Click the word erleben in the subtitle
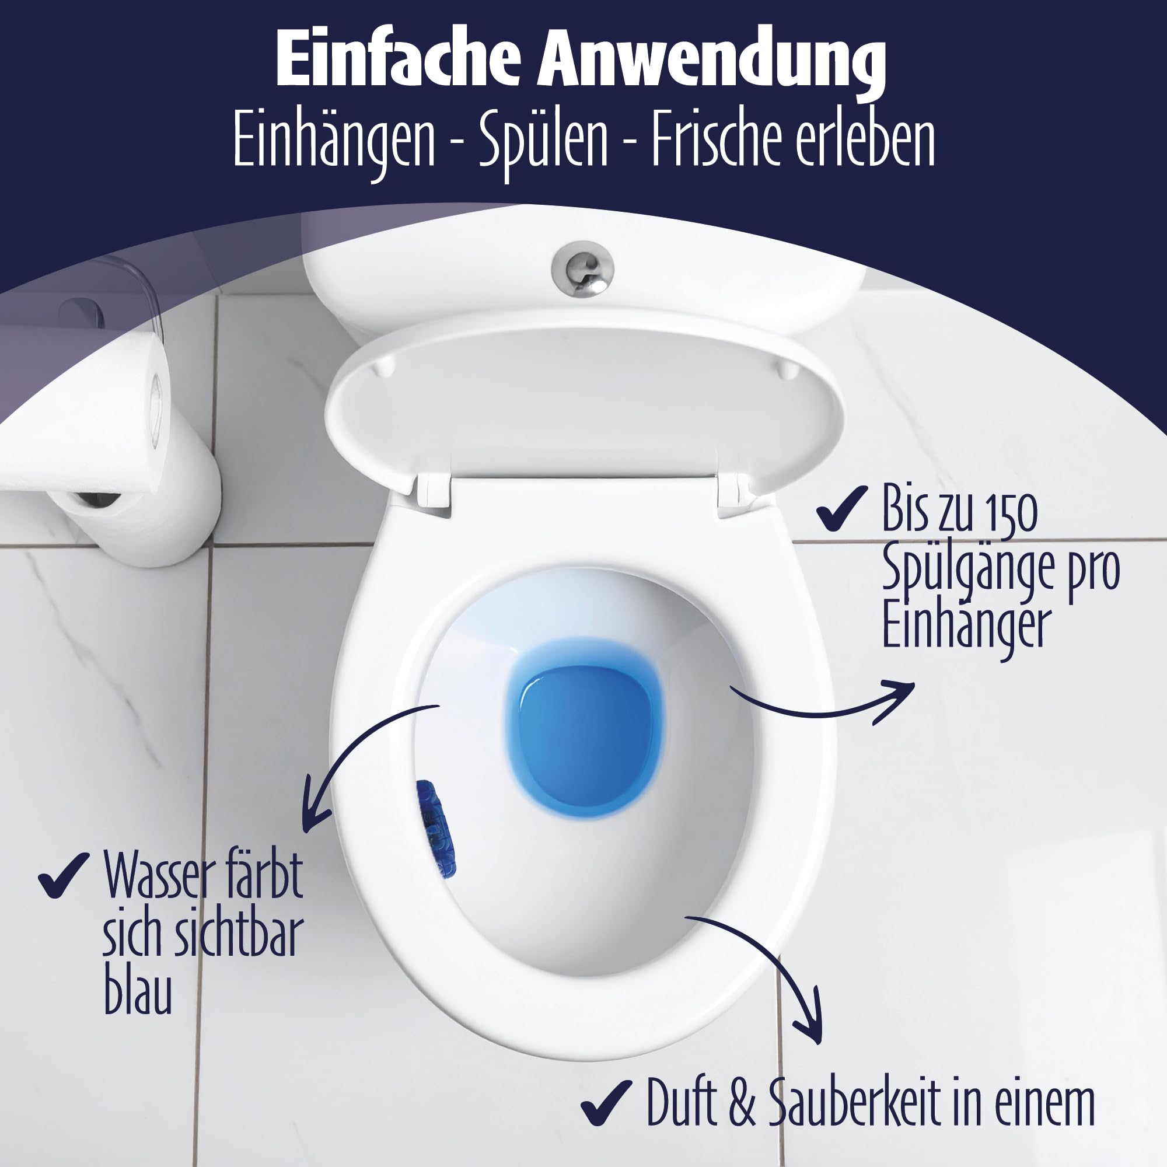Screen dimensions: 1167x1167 pyautogui.click(x=865, y=140)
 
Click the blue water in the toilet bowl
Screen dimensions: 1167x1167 pyautogui.click(x=584, y=725)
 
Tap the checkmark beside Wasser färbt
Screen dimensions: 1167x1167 pyautogui.click(x=64, y=875)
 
